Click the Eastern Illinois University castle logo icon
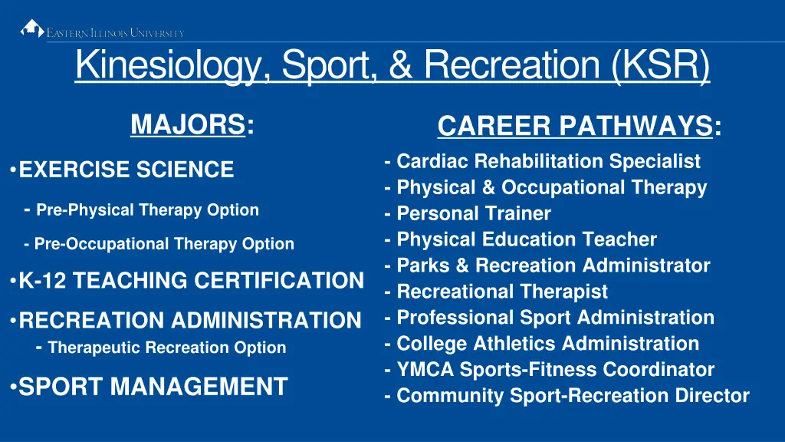coord(32,29)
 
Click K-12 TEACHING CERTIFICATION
coord(190,281)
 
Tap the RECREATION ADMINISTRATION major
coord(189,320)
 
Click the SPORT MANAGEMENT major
coord(153,386)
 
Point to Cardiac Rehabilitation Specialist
coord(548,161)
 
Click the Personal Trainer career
coord(473,213)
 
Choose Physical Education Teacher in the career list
coord(526,239)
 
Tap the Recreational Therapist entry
coord(501,292)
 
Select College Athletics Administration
coord(547,344)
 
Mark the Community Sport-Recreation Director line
coord(572,396)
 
